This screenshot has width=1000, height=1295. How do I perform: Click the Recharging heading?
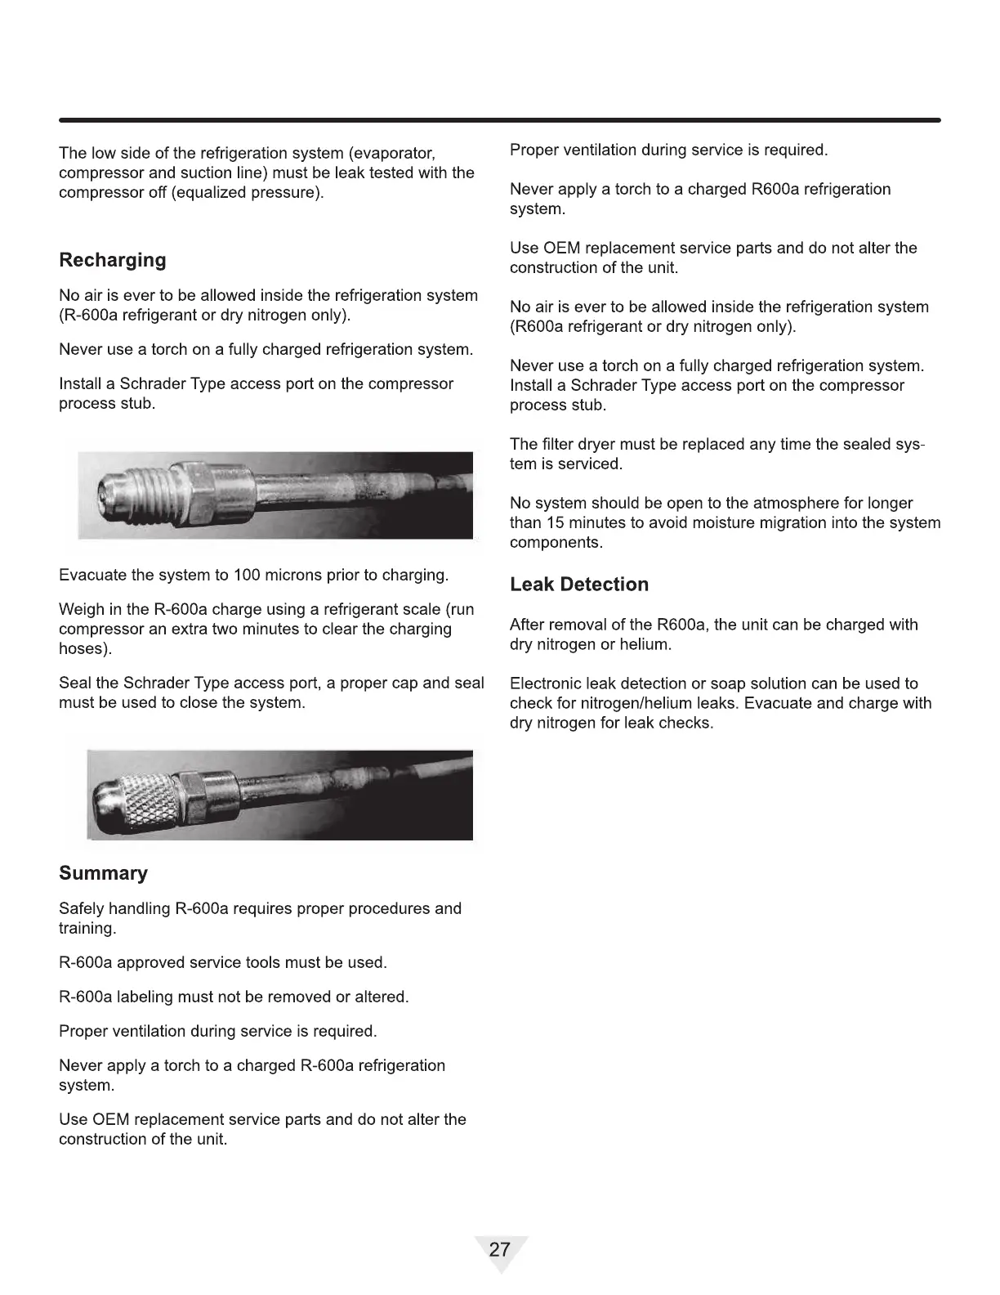point(112,260)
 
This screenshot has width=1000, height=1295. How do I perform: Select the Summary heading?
point(103,873)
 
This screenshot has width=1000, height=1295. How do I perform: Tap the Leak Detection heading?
point(578,585)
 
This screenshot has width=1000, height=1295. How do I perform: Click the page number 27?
point(499,1249)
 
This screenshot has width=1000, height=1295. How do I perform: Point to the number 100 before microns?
point(246,575)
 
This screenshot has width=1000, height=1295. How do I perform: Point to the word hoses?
point(83,648)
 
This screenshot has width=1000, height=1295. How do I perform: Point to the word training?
point(87,928)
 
